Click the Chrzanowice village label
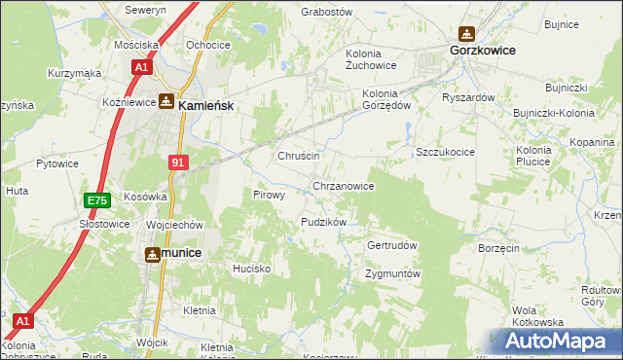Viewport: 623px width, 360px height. [x=343, y=185]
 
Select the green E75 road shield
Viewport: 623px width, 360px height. [x=96, y=200]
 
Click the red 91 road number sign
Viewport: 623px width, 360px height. [x=177, y=162]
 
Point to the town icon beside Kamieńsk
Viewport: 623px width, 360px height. [x=166, y=101]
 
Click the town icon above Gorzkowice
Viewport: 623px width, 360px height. [x=466, y=33]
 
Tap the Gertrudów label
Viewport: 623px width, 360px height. [x=391, y=245]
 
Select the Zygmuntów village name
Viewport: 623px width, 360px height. [x=392, y=273]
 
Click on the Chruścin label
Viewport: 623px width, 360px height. [x=299, y=156]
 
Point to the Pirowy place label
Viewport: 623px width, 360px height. [x=269, y=195]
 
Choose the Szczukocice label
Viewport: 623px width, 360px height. [x=445, y=153]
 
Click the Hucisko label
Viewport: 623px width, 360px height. [x=250, y=267]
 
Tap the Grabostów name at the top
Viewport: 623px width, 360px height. [x=326, y=12]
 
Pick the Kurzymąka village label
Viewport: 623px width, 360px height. [x=75, y=73]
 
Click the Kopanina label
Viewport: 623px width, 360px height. [x=592, y=142]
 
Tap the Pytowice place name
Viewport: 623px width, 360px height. [x=57, y=163]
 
